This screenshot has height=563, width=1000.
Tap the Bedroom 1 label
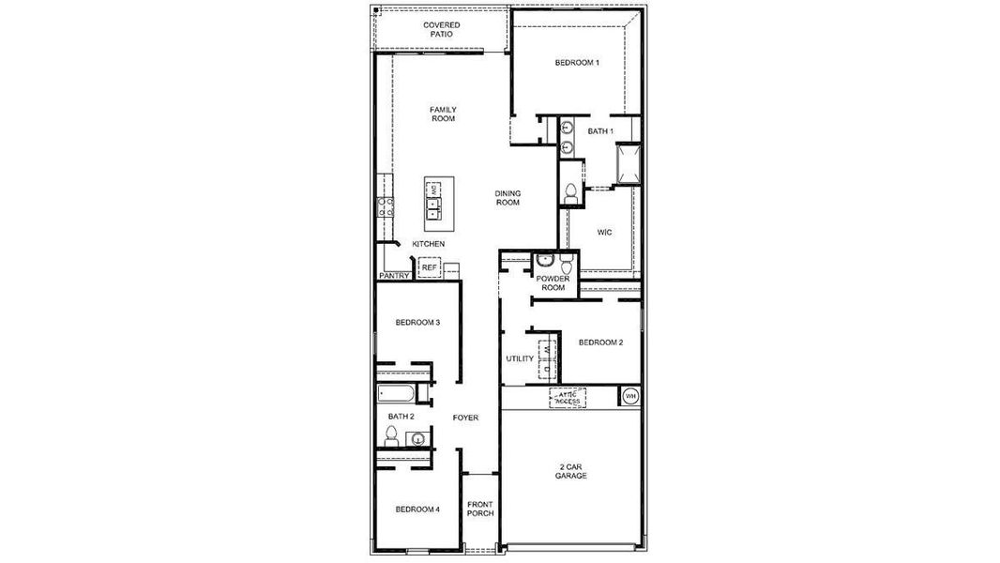(x=577, y=63)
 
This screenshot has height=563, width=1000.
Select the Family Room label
(x=443, y=114)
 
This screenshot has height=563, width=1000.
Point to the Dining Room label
(x=508, y=198)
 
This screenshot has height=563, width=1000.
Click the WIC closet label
(x=605, y=232)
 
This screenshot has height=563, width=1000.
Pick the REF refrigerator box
(x=429, y=267)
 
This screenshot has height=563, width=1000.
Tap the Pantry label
(x=394, y=276)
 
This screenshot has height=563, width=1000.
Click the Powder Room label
(x=552, y=283)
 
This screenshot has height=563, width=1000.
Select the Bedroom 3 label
(x=417, y=323)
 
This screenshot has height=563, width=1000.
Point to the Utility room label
(x=520, y=358)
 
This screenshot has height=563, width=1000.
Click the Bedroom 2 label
(x=600, y=342)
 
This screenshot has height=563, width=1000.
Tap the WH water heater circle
(x=630, y=397)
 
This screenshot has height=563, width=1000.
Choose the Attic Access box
(x=567, y=398)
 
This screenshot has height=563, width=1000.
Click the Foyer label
(x=465, y=418)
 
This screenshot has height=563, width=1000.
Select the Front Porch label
(x=480, y=510)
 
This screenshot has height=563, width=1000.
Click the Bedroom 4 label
(x=417, y=510)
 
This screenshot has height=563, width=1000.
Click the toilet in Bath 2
(x=391, y=434)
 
